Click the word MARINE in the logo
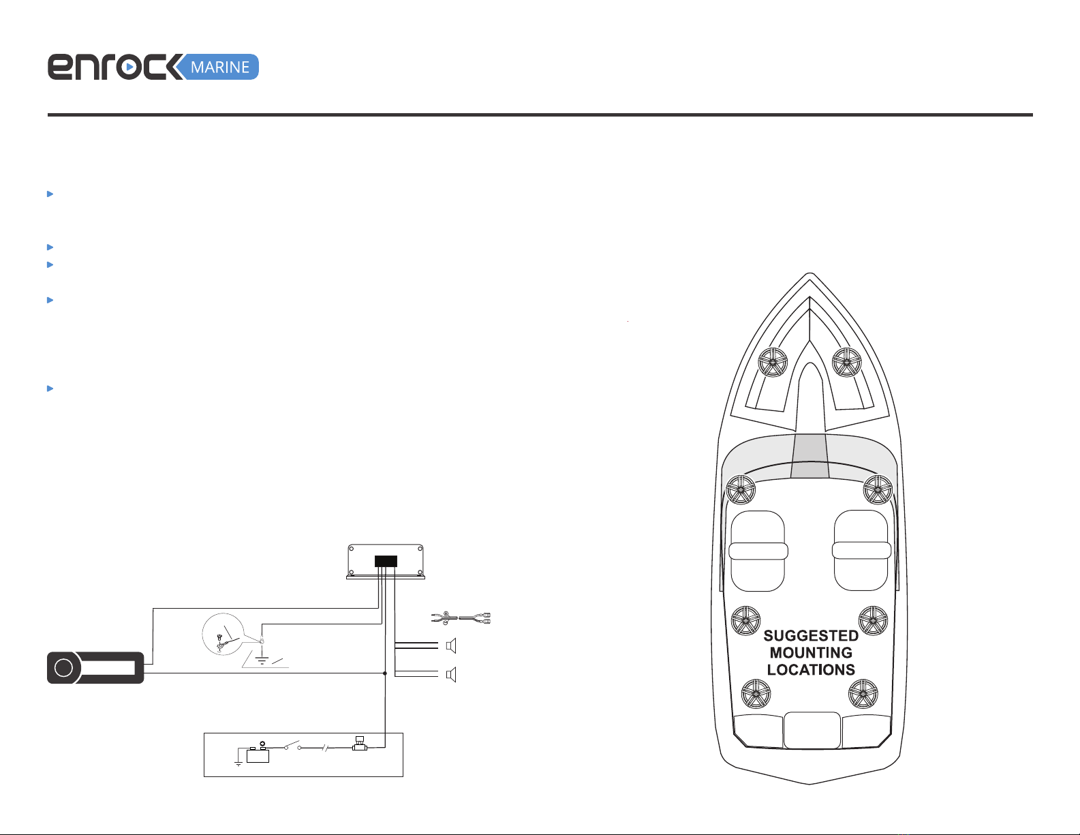coord(220,67)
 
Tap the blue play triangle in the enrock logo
coord(129,67)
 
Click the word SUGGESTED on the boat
coord(811,636)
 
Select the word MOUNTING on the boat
coord(811,652)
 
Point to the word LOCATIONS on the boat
coord(811,669)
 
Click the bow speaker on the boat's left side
coord(772,362)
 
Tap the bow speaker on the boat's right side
coord(846,363)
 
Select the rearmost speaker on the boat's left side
coord(756,694)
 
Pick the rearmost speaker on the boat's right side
coord(863,694)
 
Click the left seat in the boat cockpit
coord(758,551)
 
